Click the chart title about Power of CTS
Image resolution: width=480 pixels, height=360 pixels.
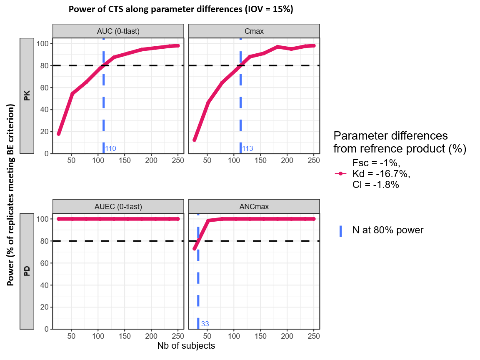click(181, 10)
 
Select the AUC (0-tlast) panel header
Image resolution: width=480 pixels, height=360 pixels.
click(118, 30)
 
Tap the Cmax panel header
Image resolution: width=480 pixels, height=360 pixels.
click(254, 30)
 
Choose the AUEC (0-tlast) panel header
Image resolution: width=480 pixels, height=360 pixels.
click(118, 206)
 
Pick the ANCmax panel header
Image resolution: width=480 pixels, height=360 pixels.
click(254, 206)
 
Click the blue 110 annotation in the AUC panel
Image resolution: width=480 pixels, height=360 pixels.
click(110, 148)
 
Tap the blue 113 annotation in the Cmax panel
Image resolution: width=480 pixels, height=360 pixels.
click(247, 148)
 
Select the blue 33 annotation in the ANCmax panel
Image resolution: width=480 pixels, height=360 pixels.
click(205, 324)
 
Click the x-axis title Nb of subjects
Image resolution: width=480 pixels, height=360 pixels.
click(186, 346)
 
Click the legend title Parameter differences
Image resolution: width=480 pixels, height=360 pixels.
click(399, 142)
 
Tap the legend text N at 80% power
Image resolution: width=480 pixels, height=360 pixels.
click(387, 230)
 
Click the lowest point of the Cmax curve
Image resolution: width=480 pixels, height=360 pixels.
click(195, 140)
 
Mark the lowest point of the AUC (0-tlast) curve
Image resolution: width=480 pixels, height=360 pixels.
click(59, 134)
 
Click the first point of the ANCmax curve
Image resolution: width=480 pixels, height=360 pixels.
click(195, 248)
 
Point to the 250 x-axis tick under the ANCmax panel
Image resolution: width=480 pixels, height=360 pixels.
click(313, 336)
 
